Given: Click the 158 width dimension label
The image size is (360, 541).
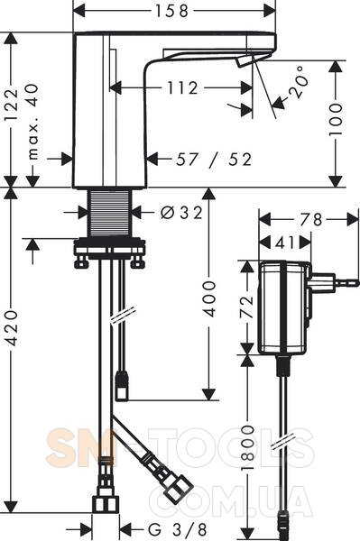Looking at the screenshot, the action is (x=171, y=11).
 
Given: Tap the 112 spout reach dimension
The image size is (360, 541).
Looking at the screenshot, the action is (x=182, y=88).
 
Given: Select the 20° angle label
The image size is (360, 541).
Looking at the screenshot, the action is (x=299, y=82).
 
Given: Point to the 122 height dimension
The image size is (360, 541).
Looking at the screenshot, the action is (x=12, y=105).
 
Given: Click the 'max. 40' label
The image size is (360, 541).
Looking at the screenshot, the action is (x=32, y=122).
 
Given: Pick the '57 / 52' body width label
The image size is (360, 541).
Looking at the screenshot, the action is (x=214, y=160).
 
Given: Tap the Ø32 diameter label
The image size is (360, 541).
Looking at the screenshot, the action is (x=181, y=213).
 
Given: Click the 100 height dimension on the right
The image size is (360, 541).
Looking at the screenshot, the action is (x=335, y=119).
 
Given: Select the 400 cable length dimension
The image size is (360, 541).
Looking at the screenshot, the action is (x=208, y=298).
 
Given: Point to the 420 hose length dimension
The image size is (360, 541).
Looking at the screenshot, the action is (x=12, y=327).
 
